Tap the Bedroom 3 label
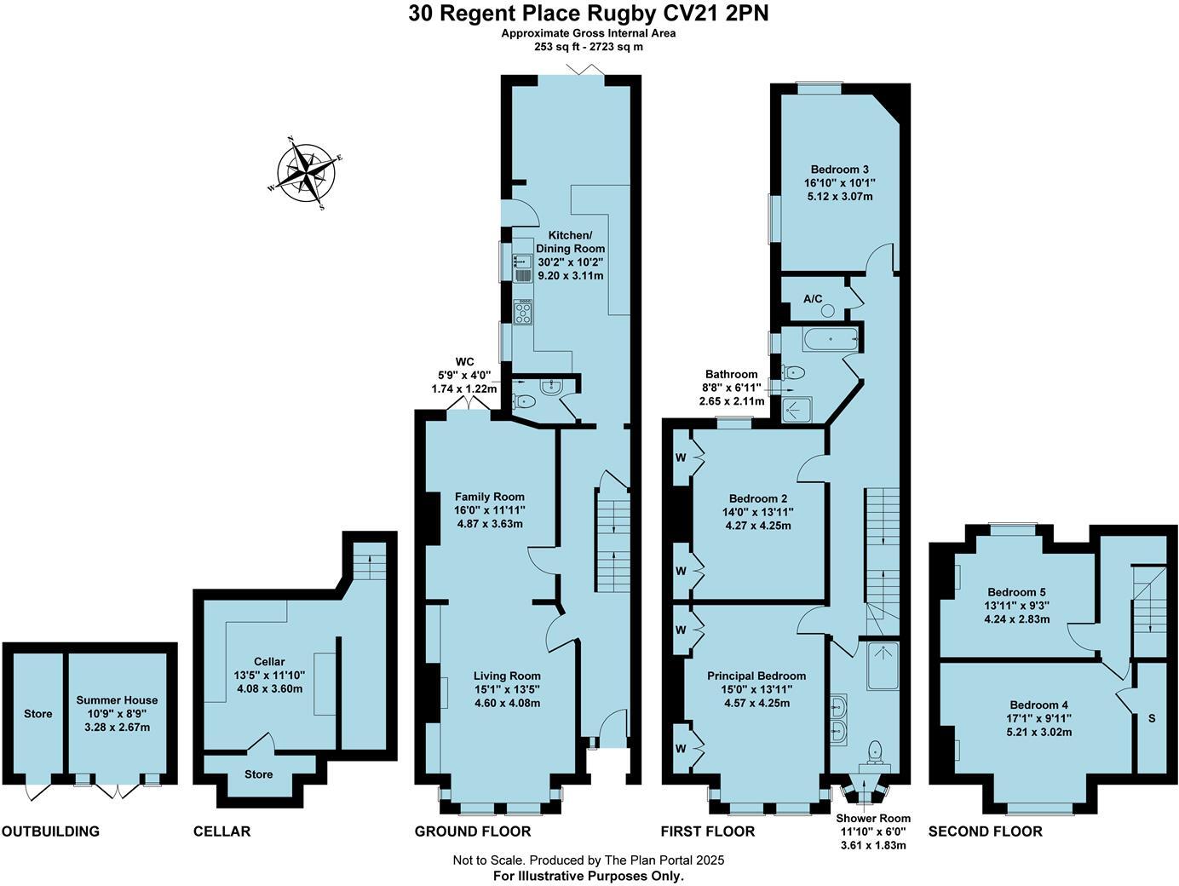pos(839,169)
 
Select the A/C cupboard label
pos(813,299)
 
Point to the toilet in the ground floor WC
pos(525,402)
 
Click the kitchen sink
pos(521,267)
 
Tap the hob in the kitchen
pos(521,312)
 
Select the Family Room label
pos(489,497)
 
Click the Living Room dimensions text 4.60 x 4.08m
pos(507,703)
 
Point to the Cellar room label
pos(269,661)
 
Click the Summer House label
pos(117,700)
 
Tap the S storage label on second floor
pos(1152,718)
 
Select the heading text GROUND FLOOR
pos(472,831)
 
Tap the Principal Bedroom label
pos(756,676)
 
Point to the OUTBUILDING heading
pos(50,831)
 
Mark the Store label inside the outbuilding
pos(37,714)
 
